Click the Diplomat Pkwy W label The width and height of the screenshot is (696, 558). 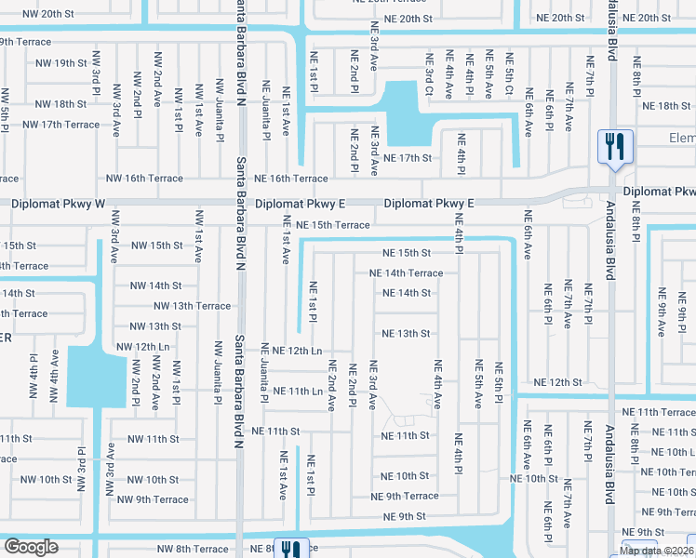click(56, 203)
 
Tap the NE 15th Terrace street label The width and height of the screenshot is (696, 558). click(327, 225)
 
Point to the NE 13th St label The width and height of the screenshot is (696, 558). click(406, 334)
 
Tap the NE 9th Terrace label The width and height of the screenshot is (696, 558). click(406, 497)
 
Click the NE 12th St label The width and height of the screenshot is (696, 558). click(556, 383)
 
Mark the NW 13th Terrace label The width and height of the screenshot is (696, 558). click(192, 306)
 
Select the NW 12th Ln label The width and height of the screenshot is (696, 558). click(146, 347)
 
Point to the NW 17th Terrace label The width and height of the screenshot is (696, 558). click(60, 125)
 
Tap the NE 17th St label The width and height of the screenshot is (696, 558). click(408, 158)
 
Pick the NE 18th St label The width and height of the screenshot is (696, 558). click(660, 106)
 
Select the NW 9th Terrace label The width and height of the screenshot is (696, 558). click(153, 499)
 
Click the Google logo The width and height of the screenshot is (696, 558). click(31, 547)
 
